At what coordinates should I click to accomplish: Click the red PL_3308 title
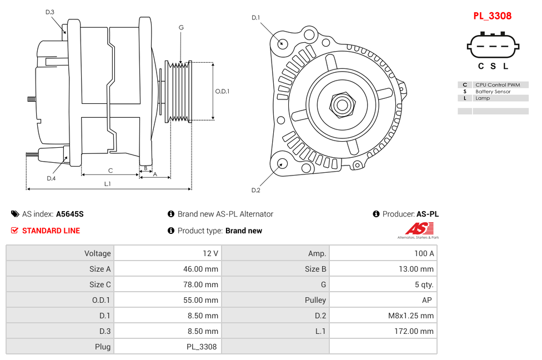pyautogui.click(x=492, y=16)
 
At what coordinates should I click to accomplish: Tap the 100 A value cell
pyautogui.click(x=424, y=253)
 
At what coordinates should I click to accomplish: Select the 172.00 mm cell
pyautogui.click(x=411, y=331)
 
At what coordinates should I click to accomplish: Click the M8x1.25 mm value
pyautogui.click(x=410, y=316)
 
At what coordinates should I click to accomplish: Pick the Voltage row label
pyautogui.click(x=97, y=253)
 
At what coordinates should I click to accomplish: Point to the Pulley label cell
pyautogui.click(x=315, y=300)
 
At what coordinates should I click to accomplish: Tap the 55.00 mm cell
pyautogui.click(x=202, y=300)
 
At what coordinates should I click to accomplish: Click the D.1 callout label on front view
pyautogui.click(x=255, y=18)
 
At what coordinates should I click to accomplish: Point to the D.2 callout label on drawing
pyautogui.click(x=255, y=191)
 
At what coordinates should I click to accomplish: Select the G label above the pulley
pyautogui.click(x=181, y=27)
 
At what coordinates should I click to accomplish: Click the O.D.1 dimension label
pyautogui.click(x=222, y=92)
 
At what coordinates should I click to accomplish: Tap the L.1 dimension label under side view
pyautogui.click(x=108, y=183)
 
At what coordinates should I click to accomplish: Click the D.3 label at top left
pyautogui.click(x=50, y=12)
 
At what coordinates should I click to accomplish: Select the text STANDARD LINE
pyautogui.click(x=51, y=231)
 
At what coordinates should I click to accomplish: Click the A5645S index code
pyautogui.click(x=70, y=214)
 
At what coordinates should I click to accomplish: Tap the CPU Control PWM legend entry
pyautogui.click(x=498, y=85)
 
